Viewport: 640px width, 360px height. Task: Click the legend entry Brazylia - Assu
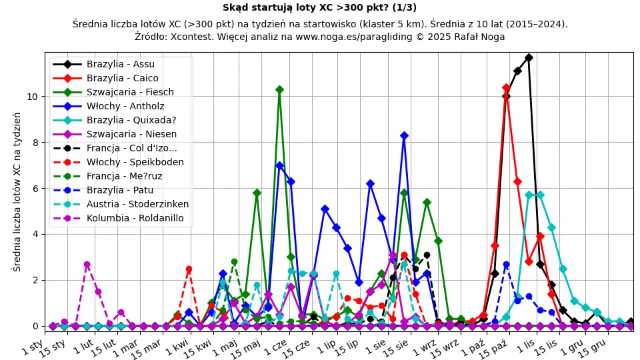coord(120,65)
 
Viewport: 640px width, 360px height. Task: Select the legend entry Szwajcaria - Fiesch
coord(130,93)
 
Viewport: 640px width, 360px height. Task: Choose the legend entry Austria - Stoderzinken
coord(137,204)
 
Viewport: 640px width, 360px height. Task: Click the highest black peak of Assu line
coord(529,57)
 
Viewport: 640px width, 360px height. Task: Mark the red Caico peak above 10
coord(506,87)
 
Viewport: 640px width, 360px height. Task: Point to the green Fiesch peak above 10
coord(279,89)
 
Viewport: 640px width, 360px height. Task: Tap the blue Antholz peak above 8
coord(404,135)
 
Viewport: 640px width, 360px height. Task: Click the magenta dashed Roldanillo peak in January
coord(87,265)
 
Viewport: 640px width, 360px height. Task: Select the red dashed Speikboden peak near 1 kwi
coord(189,269)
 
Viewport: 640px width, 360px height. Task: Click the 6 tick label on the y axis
coord(37,189)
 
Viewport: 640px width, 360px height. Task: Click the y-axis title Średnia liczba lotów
coord(17,192)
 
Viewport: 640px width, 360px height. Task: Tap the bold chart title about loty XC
coord(319,8)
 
